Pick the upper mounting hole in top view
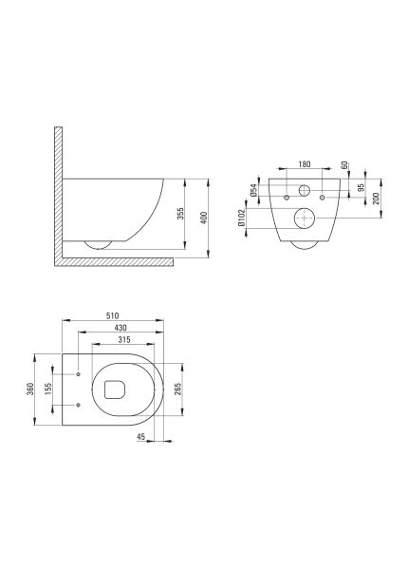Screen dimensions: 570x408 (76, 374)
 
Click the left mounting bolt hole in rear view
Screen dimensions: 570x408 (286, 198)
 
